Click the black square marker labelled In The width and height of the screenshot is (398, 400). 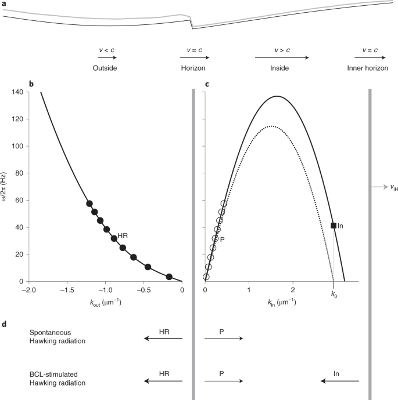tap(334, 226)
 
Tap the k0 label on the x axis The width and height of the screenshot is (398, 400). tap(334, 294)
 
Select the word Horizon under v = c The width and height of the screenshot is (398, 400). tap(192, 68)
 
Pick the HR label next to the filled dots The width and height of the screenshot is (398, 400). tap(123, 237)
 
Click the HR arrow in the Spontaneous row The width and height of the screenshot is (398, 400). tap(162, 339)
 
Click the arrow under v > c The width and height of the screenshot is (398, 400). tap(281, 57)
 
